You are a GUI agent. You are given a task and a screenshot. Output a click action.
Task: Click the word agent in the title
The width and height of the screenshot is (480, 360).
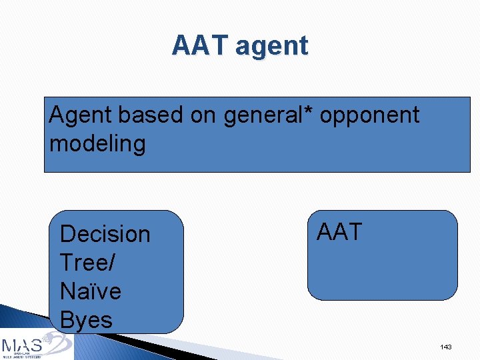coord(272,47)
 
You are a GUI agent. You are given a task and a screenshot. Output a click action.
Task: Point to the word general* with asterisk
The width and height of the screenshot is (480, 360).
coord(269,115)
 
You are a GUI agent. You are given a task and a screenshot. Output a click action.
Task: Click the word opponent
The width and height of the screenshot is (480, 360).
coord(370,116)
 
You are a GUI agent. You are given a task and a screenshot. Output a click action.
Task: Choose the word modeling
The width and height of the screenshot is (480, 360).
coord(97,144)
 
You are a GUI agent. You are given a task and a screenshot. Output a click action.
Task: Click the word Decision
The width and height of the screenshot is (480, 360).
coord(105,234)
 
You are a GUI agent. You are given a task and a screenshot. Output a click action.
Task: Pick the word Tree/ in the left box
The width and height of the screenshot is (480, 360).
coord(87,263)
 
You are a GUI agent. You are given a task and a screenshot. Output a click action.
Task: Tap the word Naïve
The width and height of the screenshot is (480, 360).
coord(90,291)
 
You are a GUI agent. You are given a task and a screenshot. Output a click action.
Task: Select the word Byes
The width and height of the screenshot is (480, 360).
coord(86,321)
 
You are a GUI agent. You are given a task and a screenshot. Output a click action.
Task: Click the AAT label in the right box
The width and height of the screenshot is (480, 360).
coord(339,232)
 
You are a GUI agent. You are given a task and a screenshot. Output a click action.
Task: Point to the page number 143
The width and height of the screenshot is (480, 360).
coord(446,347)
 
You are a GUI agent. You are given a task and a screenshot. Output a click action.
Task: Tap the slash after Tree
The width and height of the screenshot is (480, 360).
coord(111,263)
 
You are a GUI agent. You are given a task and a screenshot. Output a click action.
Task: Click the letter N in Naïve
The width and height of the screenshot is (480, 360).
coord(67,291)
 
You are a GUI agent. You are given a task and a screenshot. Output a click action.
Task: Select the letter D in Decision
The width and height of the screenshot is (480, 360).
coord(67,234)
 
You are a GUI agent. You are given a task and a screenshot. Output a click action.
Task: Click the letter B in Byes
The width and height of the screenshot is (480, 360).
coord(67,320)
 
